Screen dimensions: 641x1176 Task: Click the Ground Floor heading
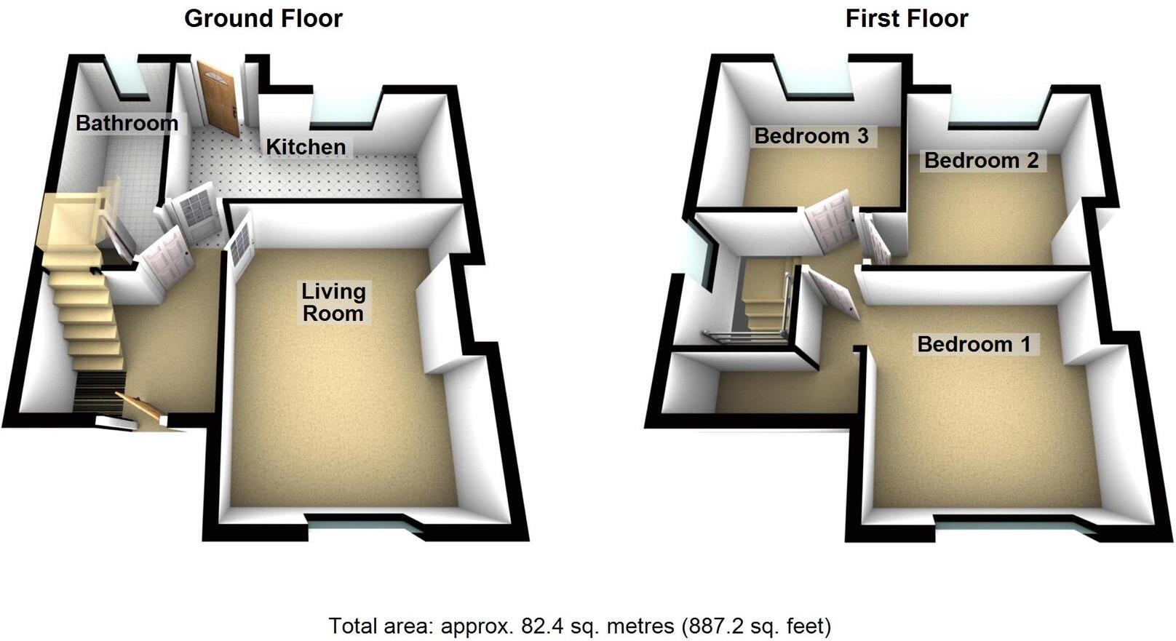[263, 18]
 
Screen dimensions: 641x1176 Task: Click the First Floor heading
[906, 18]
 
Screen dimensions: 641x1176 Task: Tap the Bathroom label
[127, 123]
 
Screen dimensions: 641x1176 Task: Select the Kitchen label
[306, 147]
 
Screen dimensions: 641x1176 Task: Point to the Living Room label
[333, 303]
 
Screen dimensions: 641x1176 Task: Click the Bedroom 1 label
[974, 344]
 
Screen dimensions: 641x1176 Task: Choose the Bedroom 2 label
[981, 161]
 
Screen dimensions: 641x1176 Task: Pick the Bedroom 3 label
[811, 136]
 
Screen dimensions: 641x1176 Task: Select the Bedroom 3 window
[818, 84]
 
